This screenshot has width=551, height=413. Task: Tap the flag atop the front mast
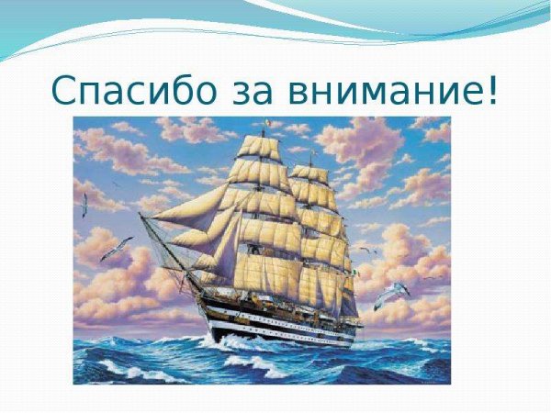click(x=266, y=121)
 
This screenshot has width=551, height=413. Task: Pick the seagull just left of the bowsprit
click(x=117, y=246)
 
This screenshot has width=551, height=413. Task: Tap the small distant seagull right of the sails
click(x=366, y=250)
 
